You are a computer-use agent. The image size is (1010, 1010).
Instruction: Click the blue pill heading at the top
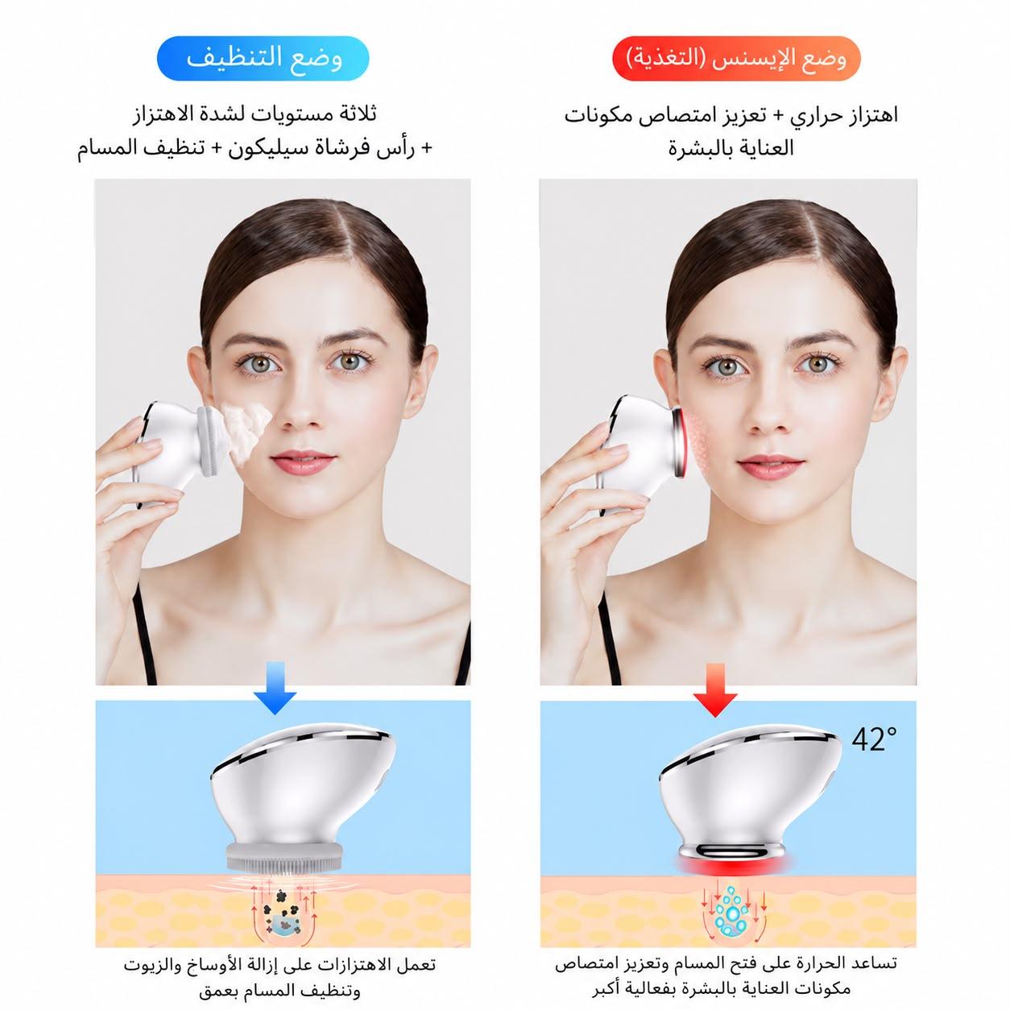(263, 58)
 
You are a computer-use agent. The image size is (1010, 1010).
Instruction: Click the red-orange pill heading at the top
(736, 58)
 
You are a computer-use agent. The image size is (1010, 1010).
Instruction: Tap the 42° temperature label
(874, 739)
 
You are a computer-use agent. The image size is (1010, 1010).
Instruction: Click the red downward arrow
(715, 690)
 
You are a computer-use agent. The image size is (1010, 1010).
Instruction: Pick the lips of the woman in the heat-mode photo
(769, 466)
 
